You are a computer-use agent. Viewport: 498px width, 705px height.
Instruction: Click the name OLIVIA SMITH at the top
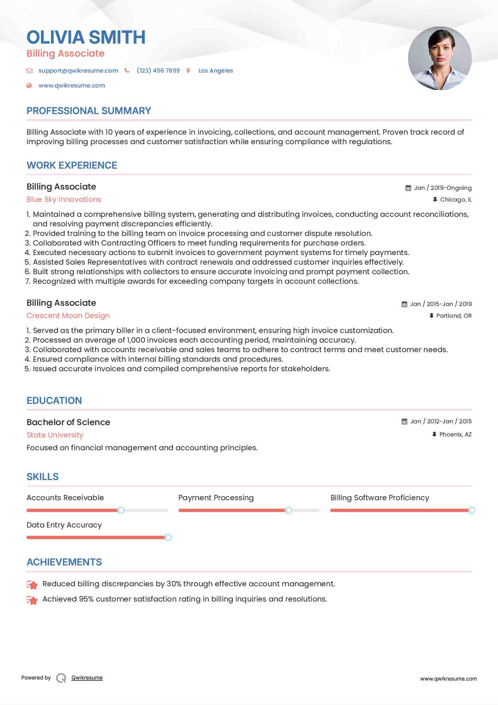pyautogui.click(x=86, y=38)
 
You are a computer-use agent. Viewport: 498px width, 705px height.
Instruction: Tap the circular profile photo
pyautogui.click(x=440, y=58)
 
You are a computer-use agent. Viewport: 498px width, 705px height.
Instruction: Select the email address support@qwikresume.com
pyautogui.click(x=78, y=70)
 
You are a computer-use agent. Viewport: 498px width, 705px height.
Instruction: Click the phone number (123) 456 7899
pyautogui.click(x=158, y=70)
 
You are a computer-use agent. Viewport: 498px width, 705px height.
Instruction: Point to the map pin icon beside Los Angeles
pyautogui.click(x=188, y=71)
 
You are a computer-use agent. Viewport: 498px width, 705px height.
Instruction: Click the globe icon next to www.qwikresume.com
pyautogui.click(x=29, y=85)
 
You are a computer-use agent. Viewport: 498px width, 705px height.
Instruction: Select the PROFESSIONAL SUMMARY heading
pyautogui.click(x=89, y=111)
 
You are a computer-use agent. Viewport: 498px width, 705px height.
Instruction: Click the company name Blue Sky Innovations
pyautogui.click(x=64, y=199)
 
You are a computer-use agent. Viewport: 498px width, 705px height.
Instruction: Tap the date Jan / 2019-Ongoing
pyautogui.click(x=442, y=188)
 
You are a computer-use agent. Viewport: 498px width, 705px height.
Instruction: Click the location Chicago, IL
pyautogui.click(x=456, y=199)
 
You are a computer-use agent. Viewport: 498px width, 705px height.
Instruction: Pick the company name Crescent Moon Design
pyautogui.click(x=68, y=316)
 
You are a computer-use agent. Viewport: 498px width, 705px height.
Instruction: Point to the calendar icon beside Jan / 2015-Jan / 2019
pyautogui.click(x=404, y=304)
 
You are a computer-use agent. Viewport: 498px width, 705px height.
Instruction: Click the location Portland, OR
pyautogui.click(x=453, y=316)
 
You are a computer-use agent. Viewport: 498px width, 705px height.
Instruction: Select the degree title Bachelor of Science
pyautogui.click(x=68, y=422)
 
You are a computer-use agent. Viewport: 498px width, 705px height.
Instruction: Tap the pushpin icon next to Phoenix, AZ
pyautogui.click(x=434, y=434)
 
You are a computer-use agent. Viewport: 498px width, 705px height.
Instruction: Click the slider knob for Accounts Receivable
pyautogui.click(x=121, y=510)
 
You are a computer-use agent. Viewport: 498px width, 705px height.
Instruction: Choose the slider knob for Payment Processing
pyautogui.click(x=288, y=510)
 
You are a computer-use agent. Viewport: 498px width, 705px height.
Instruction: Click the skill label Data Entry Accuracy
pyautogui.click(x=64, y=525)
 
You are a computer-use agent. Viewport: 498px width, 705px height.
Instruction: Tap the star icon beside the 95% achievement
pyautogui.click(x=32, y=600)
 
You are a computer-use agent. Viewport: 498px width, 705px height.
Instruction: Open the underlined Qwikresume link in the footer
pyautogui.click(x=87, y=678)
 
